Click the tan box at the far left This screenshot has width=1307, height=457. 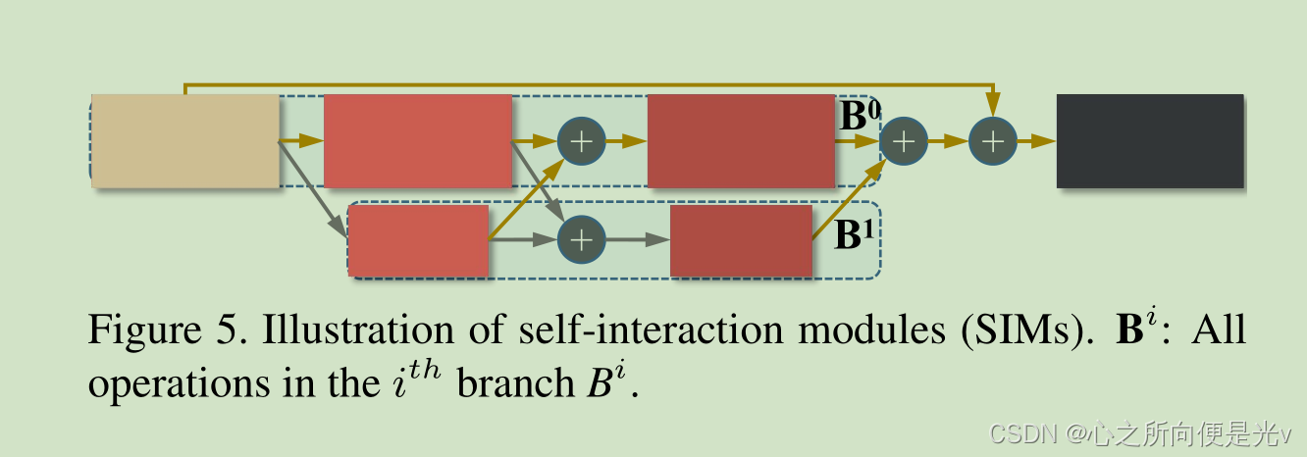click(185, 141)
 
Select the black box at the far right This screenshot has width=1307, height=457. click(1149, 141)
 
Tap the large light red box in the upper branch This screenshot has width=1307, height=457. click(418, 141)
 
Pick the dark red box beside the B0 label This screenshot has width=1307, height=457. click(741, 141)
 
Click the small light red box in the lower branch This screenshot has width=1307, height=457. click(419, 240)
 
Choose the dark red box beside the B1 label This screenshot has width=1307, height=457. click(741, 240)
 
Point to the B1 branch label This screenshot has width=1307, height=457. click(854, 235)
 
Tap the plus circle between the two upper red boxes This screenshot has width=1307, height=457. click(582, 141)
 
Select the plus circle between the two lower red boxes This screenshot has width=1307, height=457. click(582, 239)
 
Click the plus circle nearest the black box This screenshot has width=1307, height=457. click(993, 141)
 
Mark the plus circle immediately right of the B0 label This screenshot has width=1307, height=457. click(904, 141)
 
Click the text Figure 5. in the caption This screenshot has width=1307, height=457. click(169, 331)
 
